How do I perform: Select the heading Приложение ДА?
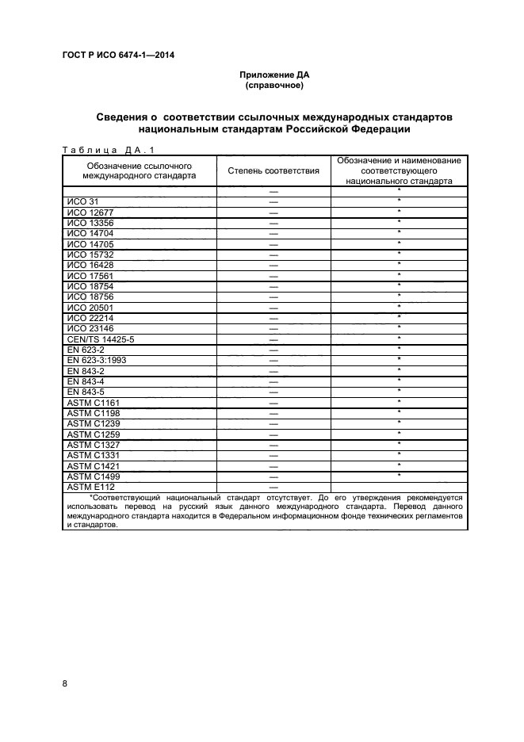pos(274,75)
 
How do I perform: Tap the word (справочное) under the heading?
pos(274,85)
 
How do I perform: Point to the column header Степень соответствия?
pos(273,170)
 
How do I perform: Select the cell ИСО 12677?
pos(90,212)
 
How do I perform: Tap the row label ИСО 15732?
pos(90,254)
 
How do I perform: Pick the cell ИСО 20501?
pos(90,306)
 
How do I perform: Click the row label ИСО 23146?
pos(90,327)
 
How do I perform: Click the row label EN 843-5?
pos(86,391)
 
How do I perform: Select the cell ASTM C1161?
pos(92,402)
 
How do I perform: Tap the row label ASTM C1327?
pos(92,444)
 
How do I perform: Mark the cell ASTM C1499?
pos(92,476)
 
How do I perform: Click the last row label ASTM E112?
pos(91,486)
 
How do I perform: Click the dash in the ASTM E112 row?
pos(273,487)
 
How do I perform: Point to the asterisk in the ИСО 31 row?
pos(399,201)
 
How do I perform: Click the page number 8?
pos(65,683)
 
